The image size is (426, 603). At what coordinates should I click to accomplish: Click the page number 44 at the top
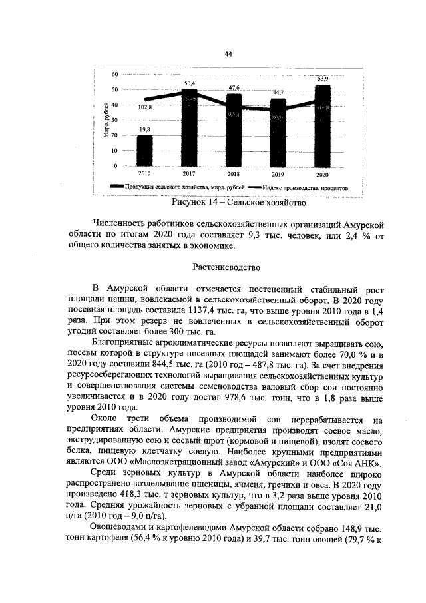(228, 54)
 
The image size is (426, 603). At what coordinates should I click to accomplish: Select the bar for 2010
(144, 151)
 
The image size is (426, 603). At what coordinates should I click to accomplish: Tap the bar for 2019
(278, 133)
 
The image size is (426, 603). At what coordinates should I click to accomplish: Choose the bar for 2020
(322, 125)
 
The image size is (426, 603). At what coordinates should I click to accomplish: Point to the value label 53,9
(323, 79)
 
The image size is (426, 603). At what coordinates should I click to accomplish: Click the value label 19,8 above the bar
(144, 130)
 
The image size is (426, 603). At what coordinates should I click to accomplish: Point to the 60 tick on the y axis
(114, 74)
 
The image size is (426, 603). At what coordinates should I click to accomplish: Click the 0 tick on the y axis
(116, 166)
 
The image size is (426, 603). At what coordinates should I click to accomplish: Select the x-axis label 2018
(234, 174)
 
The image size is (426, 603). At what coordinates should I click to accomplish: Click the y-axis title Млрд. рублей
(106, 121)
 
